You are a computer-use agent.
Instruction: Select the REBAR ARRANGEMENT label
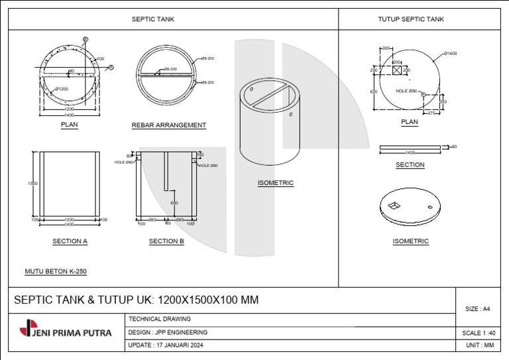(168, 125)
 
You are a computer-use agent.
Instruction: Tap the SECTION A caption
(70, 241)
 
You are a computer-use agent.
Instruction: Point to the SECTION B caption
(166, 241)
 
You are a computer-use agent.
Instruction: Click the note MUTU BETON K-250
(56, 271)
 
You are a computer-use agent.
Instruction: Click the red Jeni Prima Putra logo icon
(25, 328)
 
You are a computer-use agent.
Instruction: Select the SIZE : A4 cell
(477, 309)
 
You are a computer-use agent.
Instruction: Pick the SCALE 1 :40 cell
(477, 333)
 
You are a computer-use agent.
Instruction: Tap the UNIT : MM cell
(477, 345)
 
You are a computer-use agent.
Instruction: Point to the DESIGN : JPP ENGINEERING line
(168, 332)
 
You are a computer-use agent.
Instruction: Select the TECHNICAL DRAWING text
(159, 319)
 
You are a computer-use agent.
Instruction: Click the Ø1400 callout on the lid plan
(450, 53)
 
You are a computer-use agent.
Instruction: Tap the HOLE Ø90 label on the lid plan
(406, 91)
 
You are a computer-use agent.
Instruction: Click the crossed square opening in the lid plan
(396, 70)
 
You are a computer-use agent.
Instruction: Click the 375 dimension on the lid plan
(431, 113)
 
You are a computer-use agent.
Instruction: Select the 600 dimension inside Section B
(174, 203)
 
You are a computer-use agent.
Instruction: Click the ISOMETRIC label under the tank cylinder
(275, 183)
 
